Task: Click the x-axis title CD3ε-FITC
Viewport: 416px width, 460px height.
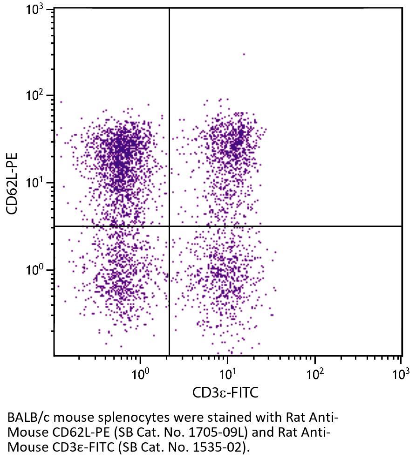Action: [x=225, y=392]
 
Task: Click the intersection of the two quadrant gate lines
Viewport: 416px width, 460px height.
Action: [x=169, y=226]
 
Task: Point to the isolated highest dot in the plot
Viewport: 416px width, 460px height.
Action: [x=244, y=54]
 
